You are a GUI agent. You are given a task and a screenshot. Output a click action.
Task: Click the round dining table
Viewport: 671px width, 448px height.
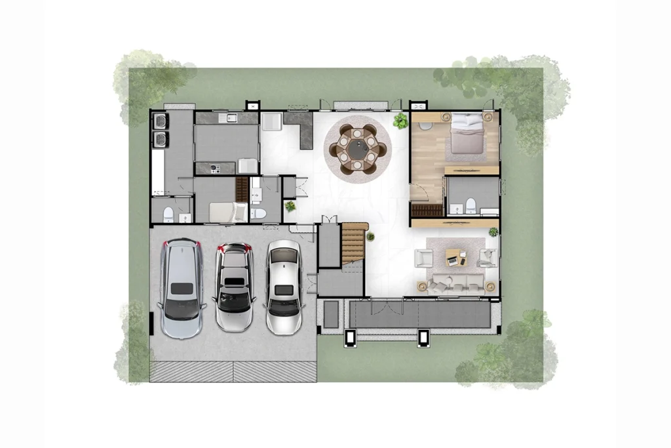click(x=357, y=148)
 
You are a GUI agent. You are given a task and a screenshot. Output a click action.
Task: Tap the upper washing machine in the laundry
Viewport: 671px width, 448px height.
click(x=160, y=122)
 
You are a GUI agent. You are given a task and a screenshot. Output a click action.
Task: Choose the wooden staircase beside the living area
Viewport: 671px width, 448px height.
click(x=354, y=242)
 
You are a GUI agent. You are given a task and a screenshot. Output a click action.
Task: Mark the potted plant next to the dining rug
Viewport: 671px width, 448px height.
click(x=399, y=121)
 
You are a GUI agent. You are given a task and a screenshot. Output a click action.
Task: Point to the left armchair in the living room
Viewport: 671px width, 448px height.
click(x=424, y=257)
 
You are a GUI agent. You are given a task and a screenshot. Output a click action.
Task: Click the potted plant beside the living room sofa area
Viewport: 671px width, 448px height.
click(x=493, y=232)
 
